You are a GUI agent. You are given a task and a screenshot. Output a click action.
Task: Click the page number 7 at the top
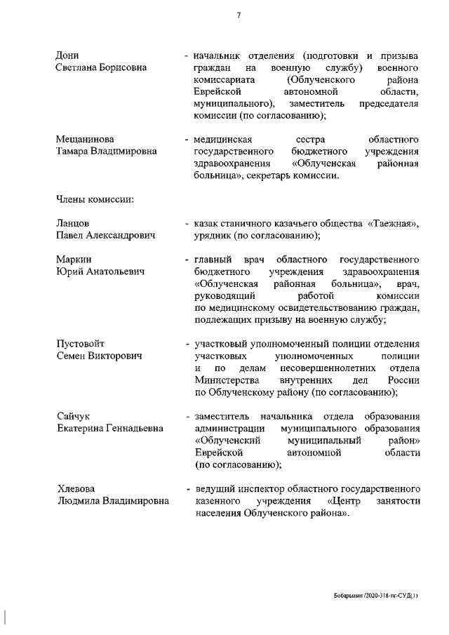(239, 15)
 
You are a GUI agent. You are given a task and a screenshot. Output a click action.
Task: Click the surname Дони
(67, 55)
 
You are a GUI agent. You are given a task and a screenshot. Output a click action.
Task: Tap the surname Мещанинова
(85, 139)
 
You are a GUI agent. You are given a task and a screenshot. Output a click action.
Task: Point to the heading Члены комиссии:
(95, 199)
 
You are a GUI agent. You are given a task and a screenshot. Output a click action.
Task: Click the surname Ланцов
(72, 223)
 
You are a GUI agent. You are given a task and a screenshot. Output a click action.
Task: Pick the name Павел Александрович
(105, 235)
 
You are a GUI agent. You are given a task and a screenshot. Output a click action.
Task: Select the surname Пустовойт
(80, 344)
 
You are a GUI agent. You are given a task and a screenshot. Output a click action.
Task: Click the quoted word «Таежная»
(394, 223)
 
